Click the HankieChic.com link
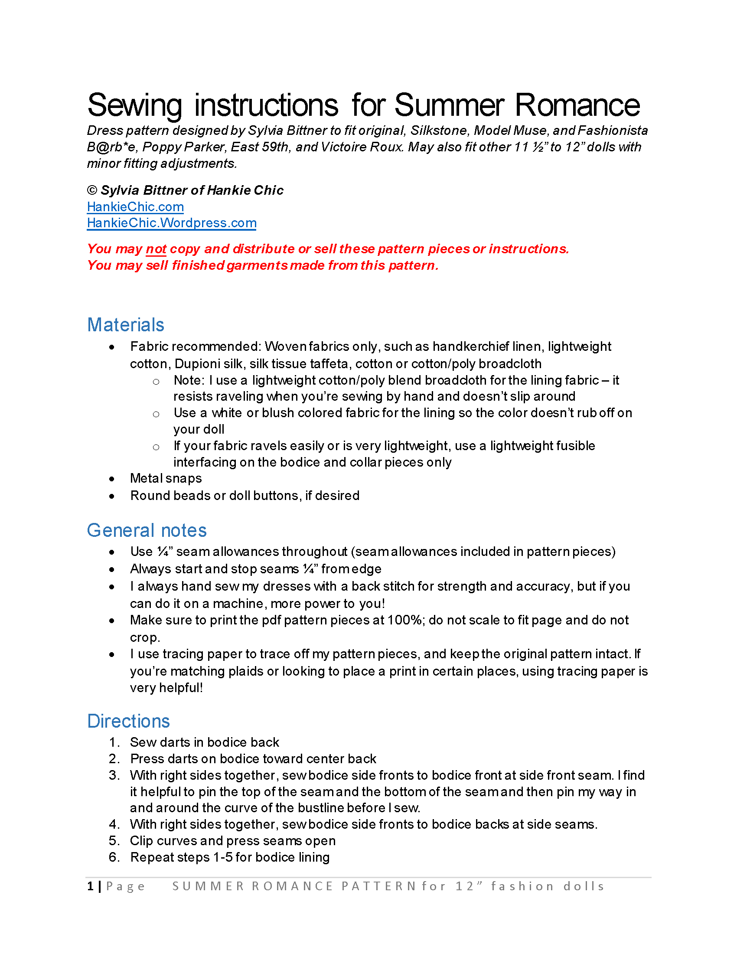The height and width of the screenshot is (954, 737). (x=135, y=206)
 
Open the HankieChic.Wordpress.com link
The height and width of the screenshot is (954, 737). (x=172, y=223)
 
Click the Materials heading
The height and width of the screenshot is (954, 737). (x=126, y=325)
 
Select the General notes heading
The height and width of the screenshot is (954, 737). (x=147, y=530)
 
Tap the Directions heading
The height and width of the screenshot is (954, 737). (x=128, y=721)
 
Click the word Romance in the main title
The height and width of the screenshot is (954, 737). (x=577, y=105)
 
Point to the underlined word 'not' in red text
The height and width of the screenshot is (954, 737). (x=156, y=249)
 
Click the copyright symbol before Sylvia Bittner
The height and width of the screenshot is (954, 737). (x=92, y=190)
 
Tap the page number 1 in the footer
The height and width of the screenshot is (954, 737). (x=90, y=886)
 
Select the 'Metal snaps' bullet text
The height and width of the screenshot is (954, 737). (x=166, y=479)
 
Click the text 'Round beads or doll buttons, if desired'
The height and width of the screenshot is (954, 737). (x=245, y=496)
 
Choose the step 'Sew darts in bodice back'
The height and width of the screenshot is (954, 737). (x=204, y=742)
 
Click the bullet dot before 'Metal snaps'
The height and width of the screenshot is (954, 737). (x=112, y=479)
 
